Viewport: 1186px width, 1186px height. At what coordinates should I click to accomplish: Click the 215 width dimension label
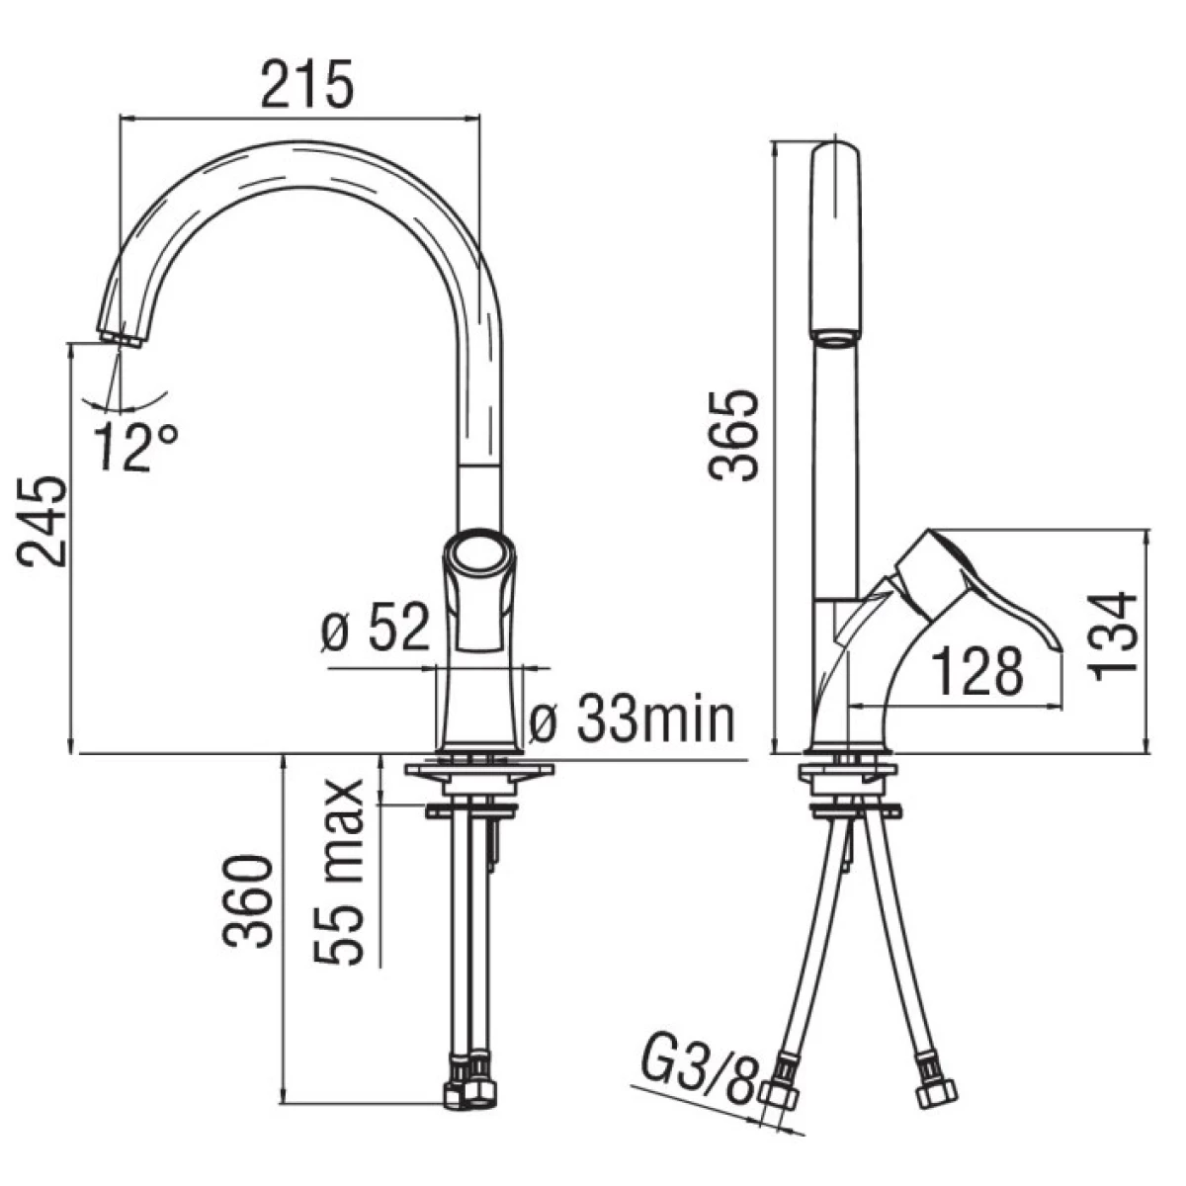(x=307, y=84)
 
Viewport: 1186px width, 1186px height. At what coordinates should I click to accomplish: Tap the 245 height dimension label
(x=42, y=522)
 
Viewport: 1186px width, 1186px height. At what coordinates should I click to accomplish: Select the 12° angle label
(x=136, y=446)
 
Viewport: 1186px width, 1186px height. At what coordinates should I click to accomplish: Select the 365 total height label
(x=733, y=435)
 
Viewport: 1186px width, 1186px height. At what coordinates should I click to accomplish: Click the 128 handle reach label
(x=977, y=670)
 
